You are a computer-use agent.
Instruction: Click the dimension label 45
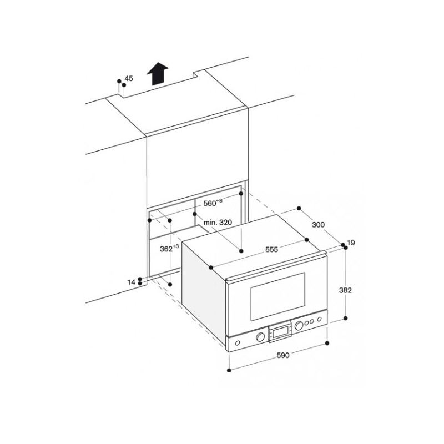(x=129, y=78)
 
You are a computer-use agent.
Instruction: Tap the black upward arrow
(x=158, y=74)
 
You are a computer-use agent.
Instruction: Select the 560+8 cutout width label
(x=213, y=203)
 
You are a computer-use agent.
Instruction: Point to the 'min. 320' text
(x=218, y=223)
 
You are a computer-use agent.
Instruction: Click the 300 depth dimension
(x=318, y=225)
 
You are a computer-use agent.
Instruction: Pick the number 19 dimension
(x=351, y=243)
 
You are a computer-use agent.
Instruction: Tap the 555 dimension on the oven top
(x=271, y=249)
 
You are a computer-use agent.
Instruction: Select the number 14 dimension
(x=132, y=282)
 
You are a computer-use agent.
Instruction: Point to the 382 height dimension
(x=345, y=290)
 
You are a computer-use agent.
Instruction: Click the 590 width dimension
(x=283, y=355)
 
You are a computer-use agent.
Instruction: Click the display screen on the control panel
(x=280, y=332)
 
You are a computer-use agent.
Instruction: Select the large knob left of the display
(x=260, y=337)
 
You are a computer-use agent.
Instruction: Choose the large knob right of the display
(x=299, y=326)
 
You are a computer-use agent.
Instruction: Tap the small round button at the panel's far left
(x=238, y=343)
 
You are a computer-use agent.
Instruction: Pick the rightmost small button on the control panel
(x=320, y=319)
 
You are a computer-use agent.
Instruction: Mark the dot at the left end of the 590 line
(x=229, y=370)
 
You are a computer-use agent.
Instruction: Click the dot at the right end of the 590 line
(x=327, y=343)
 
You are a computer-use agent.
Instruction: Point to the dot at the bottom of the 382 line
(x=345, y=318)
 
